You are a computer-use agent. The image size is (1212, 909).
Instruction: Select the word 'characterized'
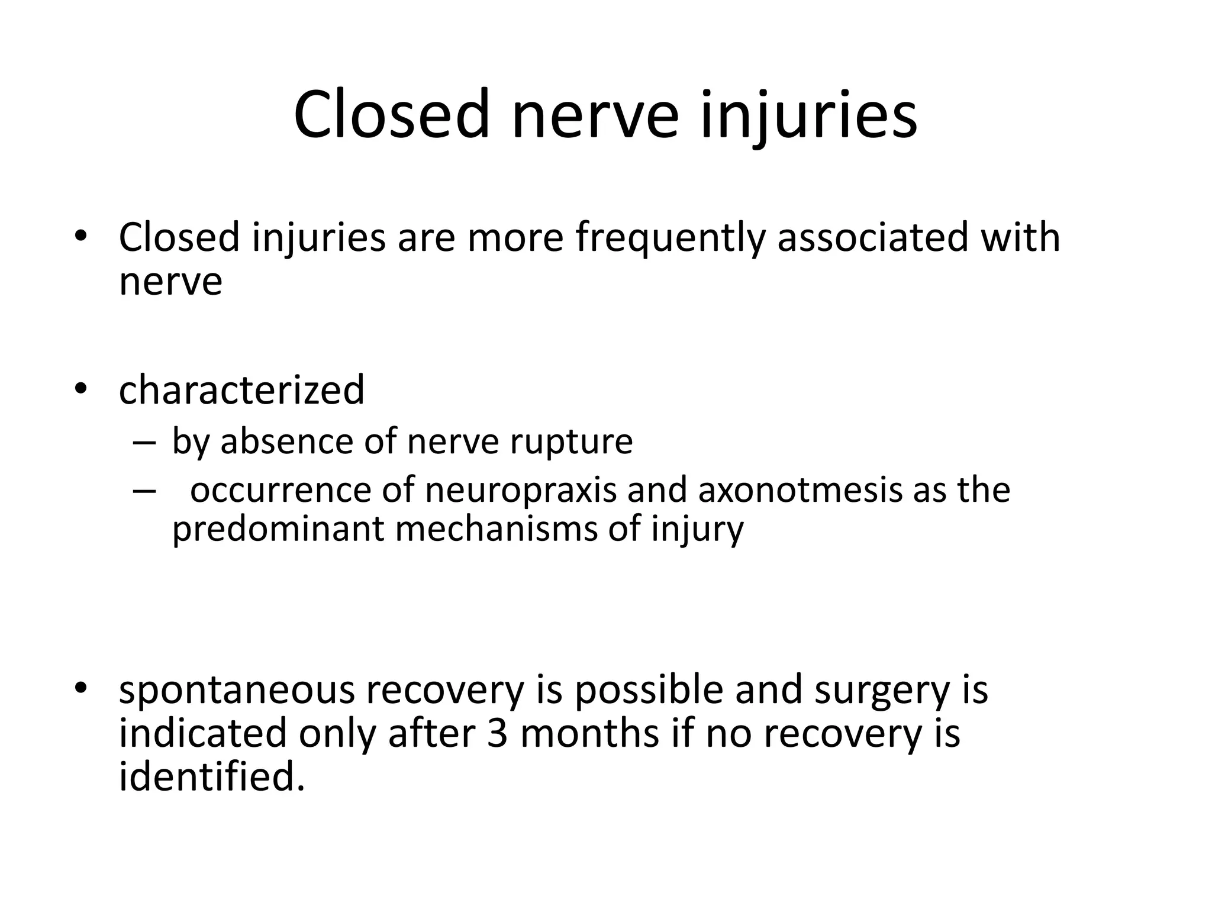[x=241, y=390]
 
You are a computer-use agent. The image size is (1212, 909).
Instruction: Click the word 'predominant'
[x=278, y=528]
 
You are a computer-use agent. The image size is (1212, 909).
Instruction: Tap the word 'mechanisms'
[x=496, y=528]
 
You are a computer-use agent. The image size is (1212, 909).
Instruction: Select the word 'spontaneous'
[x=233, y=691]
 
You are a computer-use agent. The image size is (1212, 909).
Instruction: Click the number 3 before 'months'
[x=498, y=734]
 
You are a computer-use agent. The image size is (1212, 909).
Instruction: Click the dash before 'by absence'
[x=144, y=443]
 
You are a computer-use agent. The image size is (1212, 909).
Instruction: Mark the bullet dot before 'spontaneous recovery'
[x=81, y=689]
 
